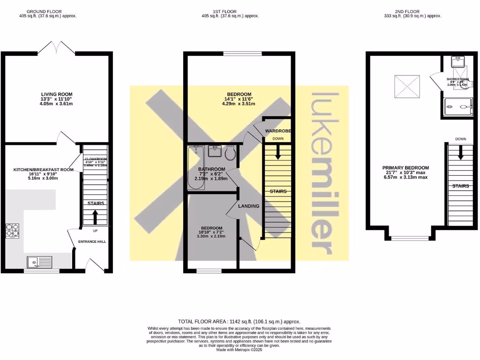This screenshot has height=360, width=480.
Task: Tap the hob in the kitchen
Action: pos(12,231)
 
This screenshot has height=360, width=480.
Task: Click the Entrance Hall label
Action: pos(92,241)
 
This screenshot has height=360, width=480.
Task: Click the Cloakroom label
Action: pos(96,159)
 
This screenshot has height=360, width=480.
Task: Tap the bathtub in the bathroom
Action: pos(194,168)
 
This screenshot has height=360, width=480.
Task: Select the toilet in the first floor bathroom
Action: pos(230,153)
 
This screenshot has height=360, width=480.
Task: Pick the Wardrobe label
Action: pos(279,130)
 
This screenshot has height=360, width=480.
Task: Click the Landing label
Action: pos(248,206)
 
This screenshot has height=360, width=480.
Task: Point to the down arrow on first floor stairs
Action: pos(277,151)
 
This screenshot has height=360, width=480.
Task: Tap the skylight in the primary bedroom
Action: pos(405,86)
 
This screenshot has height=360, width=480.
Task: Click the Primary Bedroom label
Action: pos(405,168)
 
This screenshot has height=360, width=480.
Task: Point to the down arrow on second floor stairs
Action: pos(460,152)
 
